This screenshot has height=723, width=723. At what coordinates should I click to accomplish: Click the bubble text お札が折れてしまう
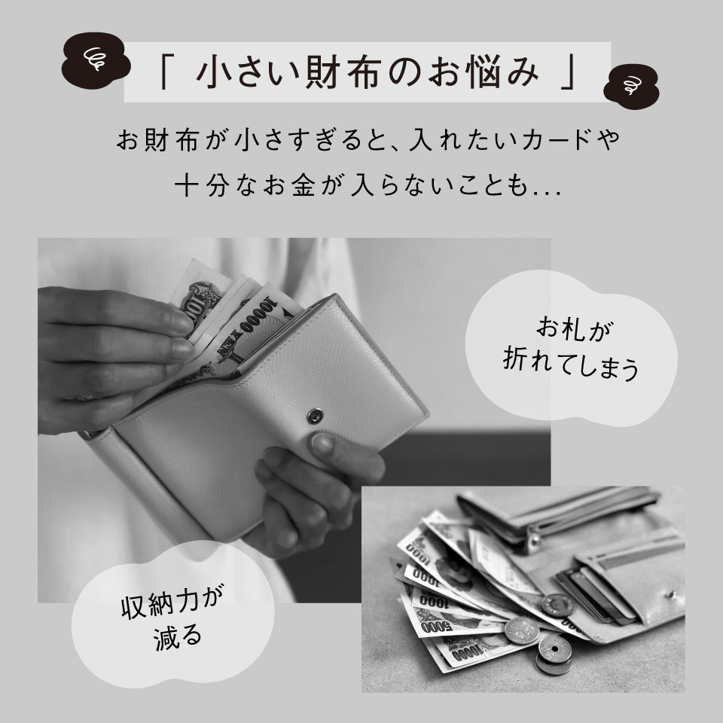570,348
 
